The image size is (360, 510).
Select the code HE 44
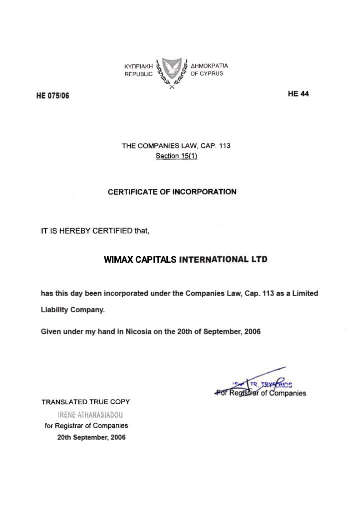(298, 94)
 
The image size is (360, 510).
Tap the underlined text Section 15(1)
(176, 156)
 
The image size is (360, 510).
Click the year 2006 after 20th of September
(252, 331)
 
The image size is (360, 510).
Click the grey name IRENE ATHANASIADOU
(90, 415)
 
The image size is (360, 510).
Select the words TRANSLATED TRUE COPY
(86, 402)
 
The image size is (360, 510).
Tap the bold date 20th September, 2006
(91, 437)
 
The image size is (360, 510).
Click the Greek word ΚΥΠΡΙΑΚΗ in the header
(138, 66)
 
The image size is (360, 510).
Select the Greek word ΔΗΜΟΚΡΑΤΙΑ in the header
(210, 66)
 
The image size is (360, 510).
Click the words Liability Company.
(73, 310)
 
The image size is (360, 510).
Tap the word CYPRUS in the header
(212, 74)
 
